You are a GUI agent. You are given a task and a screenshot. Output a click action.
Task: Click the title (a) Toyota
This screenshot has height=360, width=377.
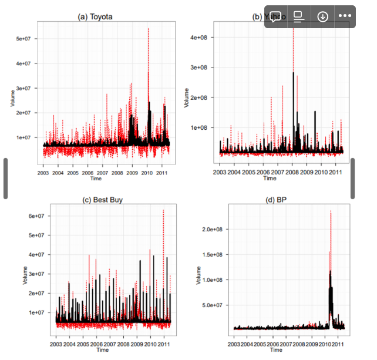[x=95, y=16]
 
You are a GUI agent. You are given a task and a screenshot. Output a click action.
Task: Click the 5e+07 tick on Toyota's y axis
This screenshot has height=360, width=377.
[x=23, y=39]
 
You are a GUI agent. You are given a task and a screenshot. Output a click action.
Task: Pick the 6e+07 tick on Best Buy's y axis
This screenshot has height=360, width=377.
[x=37, y=216]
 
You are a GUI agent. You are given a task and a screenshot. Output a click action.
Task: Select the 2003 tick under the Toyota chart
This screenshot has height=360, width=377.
[x=43, y=173]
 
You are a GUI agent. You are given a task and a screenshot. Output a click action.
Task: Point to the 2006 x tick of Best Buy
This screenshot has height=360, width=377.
[x=96, y=344]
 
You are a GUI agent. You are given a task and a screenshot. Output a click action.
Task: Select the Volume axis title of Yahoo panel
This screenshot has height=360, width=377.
[x=187, y=97]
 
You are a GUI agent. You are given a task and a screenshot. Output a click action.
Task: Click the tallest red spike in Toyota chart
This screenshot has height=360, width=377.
[x=149, y=29]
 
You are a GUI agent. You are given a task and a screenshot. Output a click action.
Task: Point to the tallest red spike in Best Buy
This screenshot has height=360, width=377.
[x=163, y=211]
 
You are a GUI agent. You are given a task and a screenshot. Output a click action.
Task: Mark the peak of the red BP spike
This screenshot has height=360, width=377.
[x=331, y=211]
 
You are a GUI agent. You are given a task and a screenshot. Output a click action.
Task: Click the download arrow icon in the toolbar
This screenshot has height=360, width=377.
[x=322, y=16]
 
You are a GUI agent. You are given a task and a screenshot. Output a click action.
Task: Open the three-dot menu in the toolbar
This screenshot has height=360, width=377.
[x=344, y=16]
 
